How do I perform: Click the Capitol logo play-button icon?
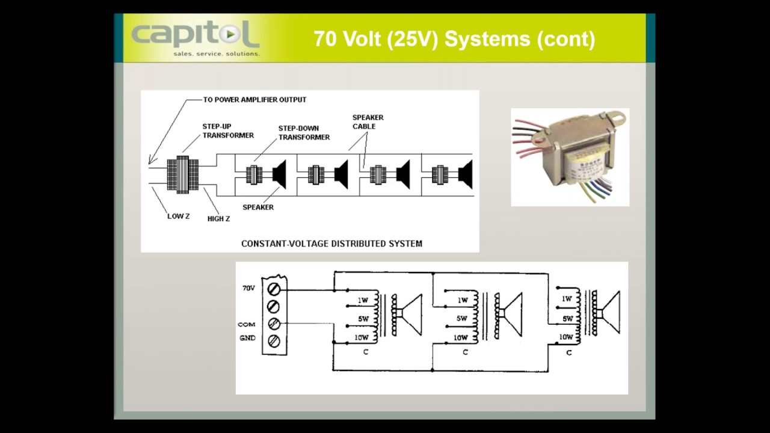coord(231,35)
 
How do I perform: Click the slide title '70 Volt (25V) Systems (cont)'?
coord(454,39)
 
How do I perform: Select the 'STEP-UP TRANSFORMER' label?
coord(227,131)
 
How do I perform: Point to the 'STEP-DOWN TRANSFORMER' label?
coord(304,133)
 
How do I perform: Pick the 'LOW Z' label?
coord(178,216)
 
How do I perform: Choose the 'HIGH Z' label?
coord(218,219)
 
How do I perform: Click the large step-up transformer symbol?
coord(182,174)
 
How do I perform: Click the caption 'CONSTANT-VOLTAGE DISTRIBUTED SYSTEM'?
coord(331,244)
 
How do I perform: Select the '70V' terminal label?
coord(248,289)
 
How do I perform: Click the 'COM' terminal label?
coord(247,324)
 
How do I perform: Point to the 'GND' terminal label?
coord(247,338)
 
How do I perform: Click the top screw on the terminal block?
coord(273,289)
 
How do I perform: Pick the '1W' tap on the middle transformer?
coord(462,299)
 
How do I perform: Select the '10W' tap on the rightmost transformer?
coord(566,337)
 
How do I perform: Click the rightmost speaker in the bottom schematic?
coord(609,312)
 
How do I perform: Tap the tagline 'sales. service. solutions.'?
coord(216,54)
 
